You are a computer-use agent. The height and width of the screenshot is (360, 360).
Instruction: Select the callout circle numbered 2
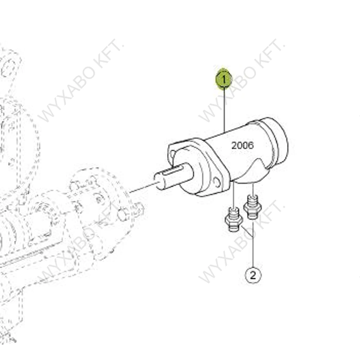pyautogui.click(x=253, y=275)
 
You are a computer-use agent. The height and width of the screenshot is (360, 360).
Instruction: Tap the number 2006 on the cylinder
pyautogui.click(x=243, y=145)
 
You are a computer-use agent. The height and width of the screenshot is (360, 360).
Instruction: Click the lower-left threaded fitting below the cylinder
pyautogui.click(x=234, y=220)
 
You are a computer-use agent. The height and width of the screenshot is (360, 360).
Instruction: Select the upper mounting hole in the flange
pyautogui.click(x=172, y=153)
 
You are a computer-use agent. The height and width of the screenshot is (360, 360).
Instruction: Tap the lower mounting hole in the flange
pyautogui.click(x=216, y=182)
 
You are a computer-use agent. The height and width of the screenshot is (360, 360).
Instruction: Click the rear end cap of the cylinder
pyautogui.click(x=276, y=141)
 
